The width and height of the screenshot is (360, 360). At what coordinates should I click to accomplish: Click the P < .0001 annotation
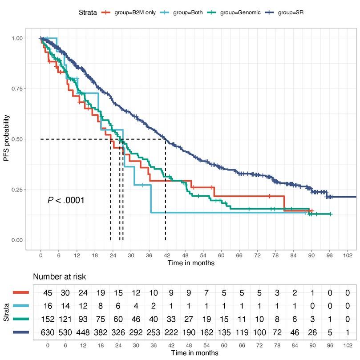tap(66, 200)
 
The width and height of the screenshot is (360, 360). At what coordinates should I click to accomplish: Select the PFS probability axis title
tap(7, 139)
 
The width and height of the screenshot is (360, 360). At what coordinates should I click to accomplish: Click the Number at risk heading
tap(59, 277)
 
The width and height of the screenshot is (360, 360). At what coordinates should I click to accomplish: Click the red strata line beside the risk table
tap(19, 293)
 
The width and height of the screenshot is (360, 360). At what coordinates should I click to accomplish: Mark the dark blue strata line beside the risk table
tap(19, 331)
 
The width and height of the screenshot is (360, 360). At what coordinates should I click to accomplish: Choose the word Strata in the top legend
tap(88, 12)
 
